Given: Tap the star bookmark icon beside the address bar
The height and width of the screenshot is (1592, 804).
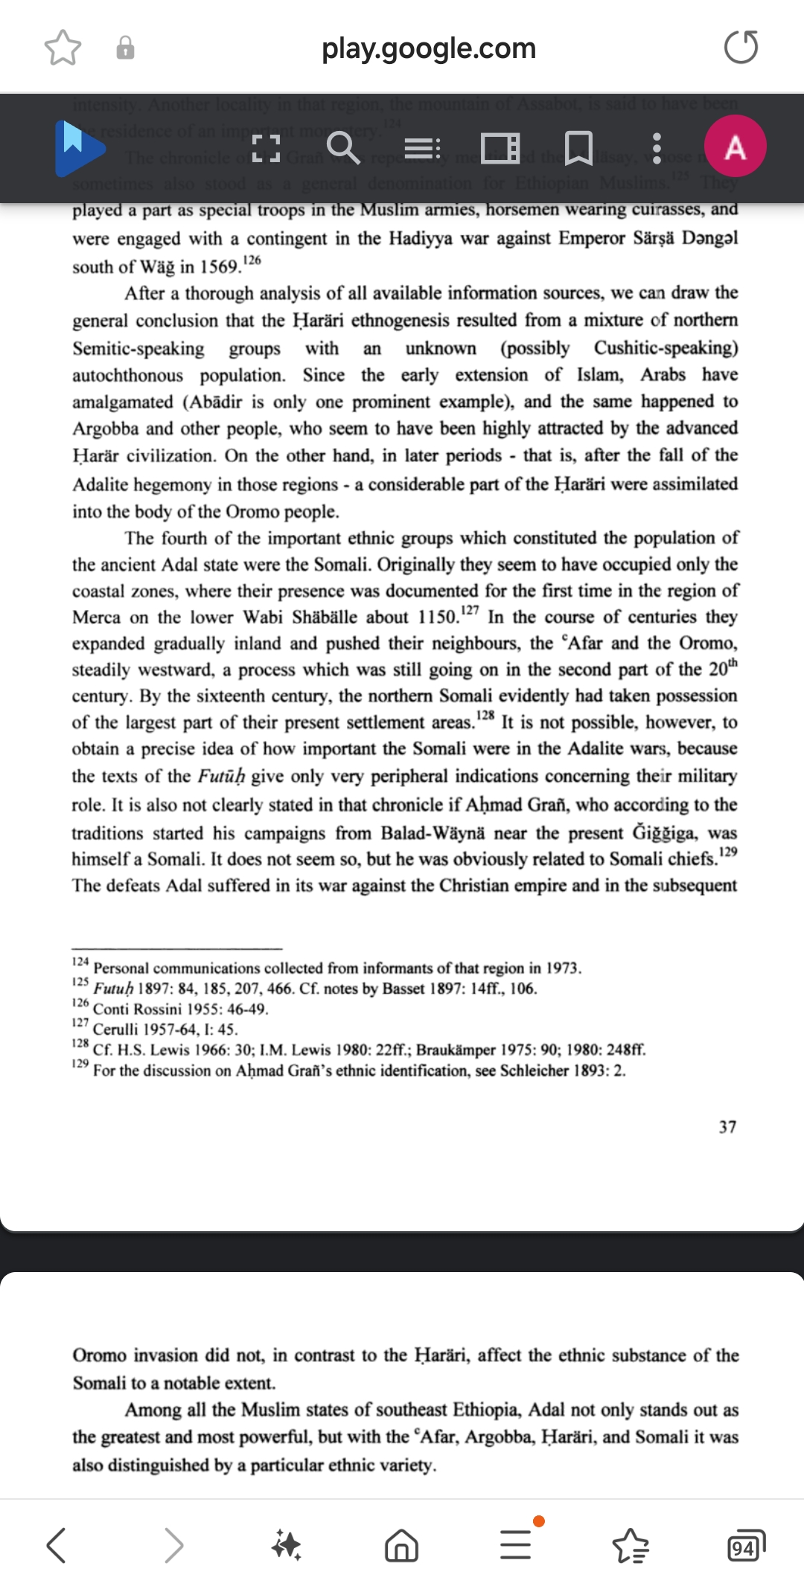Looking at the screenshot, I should (63, 48).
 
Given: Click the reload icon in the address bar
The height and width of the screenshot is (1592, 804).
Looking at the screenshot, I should (741, 48).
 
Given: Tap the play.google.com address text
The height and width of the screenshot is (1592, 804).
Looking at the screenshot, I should (428, 48).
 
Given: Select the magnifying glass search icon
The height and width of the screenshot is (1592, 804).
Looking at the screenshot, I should (343, 147).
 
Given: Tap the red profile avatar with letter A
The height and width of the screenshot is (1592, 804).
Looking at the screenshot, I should (735, 147).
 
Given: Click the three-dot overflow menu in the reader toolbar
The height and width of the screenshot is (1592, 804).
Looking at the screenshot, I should (656, 148).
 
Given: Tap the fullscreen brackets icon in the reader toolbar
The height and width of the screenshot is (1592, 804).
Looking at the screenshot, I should (266, 148).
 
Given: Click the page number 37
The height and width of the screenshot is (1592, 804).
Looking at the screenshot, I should (727, 1127).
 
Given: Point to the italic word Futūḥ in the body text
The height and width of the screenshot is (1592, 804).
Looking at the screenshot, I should (221, 776).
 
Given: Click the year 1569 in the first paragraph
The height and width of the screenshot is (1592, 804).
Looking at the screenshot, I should (220, 267).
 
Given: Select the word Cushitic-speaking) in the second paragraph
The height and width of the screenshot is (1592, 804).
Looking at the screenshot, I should (666, 348).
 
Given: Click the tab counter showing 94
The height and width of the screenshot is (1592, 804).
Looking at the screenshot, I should (744, 1545).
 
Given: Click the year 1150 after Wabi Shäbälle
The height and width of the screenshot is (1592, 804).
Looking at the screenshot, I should (436, 617).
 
